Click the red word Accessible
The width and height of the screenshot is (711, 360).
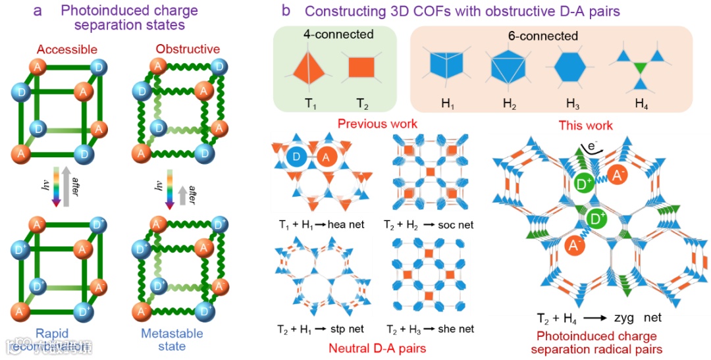[x=67, y=49]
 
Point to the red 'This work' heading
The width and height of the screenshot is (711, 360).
[x=585, y=124]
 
